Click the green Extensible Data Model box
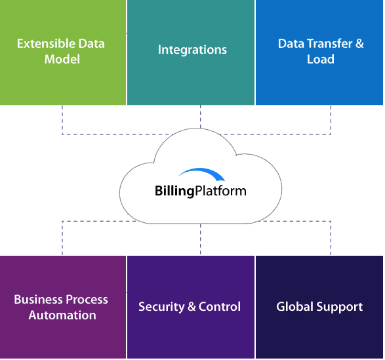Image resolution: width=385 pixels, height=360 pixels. click(x=62, y=52)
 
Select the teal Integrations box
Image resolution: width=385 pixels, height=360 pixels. click(x=191, y=52)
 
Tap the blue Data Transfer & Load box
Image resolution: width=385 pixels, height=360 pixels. click(x=319, y=52)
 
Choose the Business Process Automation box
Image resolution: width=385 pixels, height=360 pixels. click(x=62, y=307)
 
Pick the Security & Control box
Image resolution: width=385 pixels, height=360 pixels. click(x=190, y=307)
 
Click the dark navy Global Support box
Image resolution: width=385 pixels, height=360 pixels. click(x=319, y=307)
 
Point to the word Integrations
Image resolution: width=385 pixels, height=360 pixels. click(x=192, y=50)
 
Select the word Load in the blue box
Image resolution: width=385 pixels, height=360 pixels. click(x=321, y=60)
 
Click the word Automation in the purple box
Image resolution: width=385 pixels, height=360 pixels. click(x=62, y=315)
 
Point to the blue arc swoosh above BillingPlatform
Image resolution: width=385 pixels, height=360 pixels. click(x=201, y=175)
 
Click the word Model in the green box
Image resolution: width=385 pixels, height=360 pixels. click(x=62, y=60)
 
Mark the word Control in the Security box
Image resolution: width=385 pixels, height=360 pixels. click(x=220, y=307)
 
